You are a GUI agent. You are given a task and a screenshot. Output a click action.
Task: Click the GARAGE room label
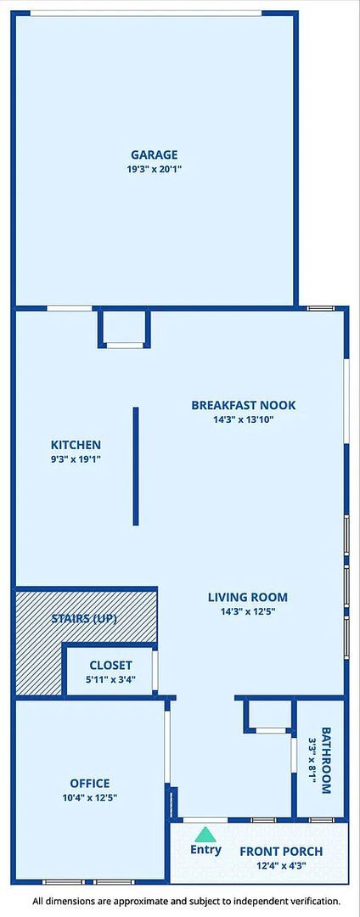[x=154, y=155]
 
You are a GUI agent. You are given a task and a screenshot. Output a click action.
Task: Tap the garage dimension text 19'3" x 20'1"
[x=154, y=170]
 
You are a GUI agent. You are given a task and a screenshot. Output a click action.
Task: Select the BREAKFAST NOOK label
[x=244, y=405]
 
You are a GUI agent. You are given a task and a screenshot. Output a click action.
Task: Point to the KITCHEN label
[x=76, y=445]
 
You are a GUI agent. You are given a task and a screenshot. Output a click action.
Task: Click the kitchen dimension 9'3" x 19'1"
[x=76, y=459]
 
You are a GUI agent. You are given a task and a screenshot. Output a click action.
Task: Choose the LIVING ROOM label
[x=248, y=597]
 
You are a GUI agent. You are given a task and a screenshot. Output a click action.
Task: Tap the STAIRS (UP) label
[x=84, y=619]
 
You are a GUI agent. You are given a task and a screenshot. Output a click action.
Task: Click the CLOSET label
[x=110, y=666]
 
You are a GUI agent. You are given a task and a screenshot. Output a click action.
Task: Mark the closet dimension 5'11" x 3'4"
[x=110, y=680]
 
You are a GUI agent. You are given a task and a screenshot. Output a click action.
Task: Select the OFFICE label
[x=90, y=784]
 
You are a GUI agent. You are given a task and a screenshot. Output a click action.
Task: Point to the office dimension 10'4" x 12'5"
[x=90, y=798]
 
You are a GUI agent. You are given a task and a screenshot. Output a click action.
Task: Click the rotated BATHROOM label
[x=326, y=760]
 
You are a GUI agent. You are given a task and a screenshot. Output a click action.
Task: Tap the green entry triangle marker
[x=205, y=834]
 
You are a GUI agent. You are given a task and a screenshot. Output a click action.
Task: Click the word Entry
[x=205, y=850]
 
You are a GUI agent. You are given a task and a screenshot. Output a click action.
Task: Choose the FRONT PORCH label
[x=281, y=852]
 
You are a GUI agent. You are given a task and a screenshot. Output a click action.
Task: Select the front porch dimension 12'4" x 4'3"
[x=281, y=866]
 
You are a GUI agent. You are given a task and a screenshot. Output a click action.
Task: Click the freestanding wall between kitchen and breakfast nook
[x=136, y=466]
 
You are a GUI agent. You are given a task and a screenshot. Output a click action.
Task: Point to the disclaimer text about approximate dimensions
[x=186, y=901]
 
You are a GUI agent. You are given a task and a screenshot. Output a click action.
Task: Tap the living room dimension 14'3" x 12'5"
[x=248, y=611]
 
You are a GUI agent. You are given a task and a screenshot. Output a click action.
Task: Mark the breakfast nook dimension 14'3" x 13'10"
[x=244, y=419]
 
